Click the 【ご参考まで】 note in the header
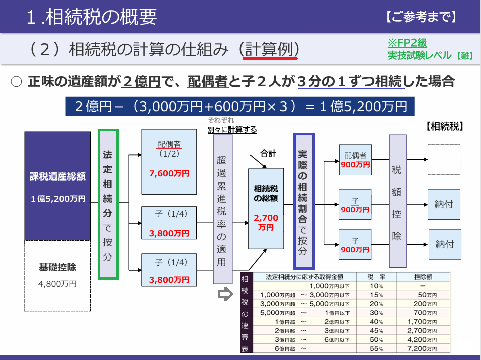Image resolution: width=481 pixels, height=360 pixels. [x=421, y=17]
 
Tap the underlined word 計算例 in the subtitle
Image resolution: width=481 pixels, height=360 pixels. [x=270, y=49]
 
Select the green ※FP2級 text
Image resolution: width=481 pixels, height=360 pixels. [x=407, y=43]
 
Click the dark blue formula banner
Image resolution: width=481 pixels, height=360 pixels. [x=240, y=106]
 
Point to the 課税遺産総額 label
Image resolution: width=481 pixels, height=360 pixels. [x=57, y=176]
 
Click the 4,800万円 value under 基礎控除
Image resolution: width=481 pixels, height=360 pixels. [x=57, y=284]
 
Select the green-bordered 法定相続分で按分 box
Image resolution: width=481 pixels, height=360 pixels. [x=108, y=204]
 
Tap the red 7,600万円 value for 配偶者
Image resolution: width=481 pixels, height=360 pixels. [x=169, y=173]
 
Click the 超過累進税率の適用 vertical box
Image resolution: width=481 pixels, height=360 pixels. [x=222, y=209]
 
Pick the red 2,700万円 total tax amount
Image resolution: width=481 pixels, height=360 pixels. [x=266, y=222]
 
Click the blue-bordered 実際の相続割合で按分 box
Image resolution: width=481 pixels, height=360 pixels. [x=304, y=201]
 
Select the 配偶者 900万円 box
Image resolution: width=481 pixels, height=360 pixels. [x=355, y=160]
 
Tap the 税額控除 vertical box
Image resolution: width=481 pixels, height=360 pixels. [x=397, y=202]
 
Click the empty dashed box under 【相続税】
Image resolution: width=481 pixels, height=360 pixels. [x=444, y=159]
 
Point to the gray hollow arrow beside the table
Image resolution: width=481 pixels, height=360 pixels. [x=225, y=294]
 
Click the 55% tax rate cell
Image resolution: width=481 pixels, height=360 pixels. [x=376, y=348]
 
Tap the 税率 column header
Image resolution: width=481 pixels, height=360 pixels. [x=376, y=277]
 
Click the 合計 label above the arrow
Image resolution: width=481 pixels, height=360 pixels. [x=268, y=153]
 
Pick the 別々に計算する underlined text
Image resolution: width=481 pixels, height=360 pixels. [x=232, y=130]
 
